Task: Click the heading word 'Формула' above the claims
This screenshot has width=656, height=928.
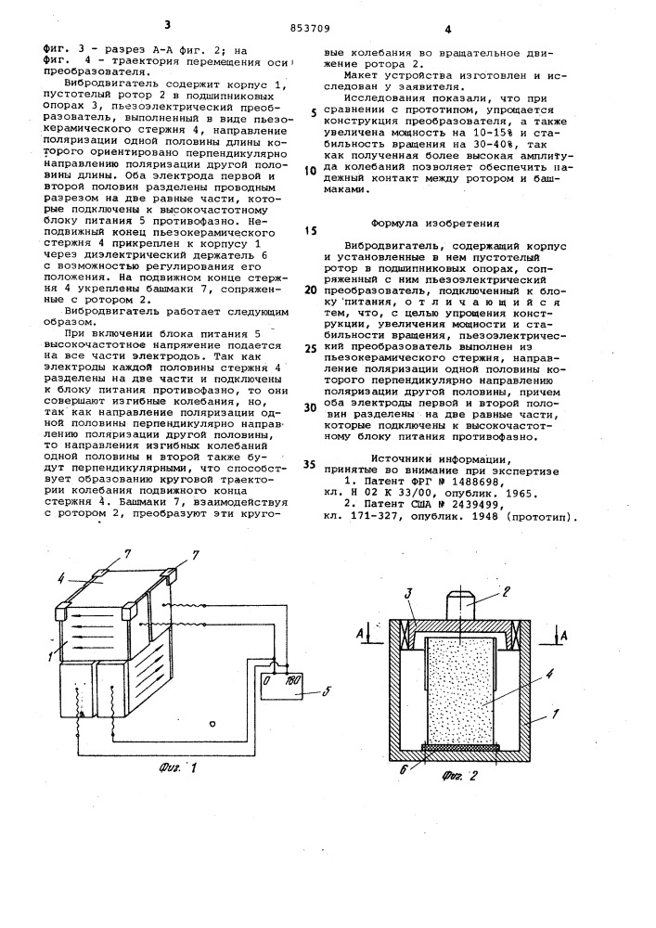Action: click(400, 223)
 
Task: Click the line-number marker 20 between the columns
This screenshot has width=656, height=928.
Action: click(309, 290)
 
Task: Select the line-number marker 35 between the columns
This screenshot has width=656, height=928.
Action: click(309, 464)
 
